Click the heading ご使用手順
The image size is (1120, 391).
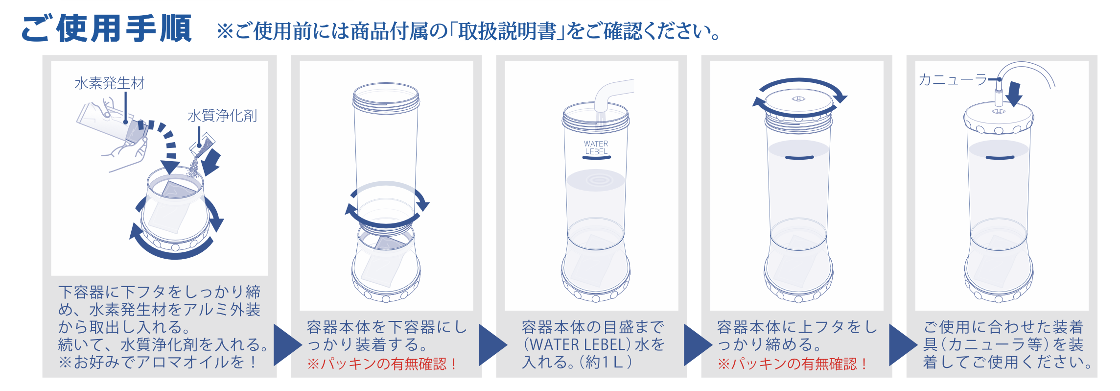click(107, 28)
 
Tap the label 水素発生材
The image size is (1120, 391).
click(110, 83)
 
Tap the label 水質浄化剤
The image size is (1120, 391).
click(222, 116)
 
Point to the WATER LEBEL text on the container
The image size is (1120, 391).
click(596, 147)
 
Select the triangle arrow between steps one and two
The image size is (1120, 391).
click(286, 344)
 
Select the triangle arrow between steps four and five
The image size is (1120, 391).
click(902, 344)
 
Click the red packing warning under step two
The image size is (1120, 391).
click(382, 364)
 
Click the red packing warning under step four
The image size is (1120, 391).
click(792, 364)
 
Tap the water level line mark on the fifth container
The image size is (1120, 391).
click(1000, 158)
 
